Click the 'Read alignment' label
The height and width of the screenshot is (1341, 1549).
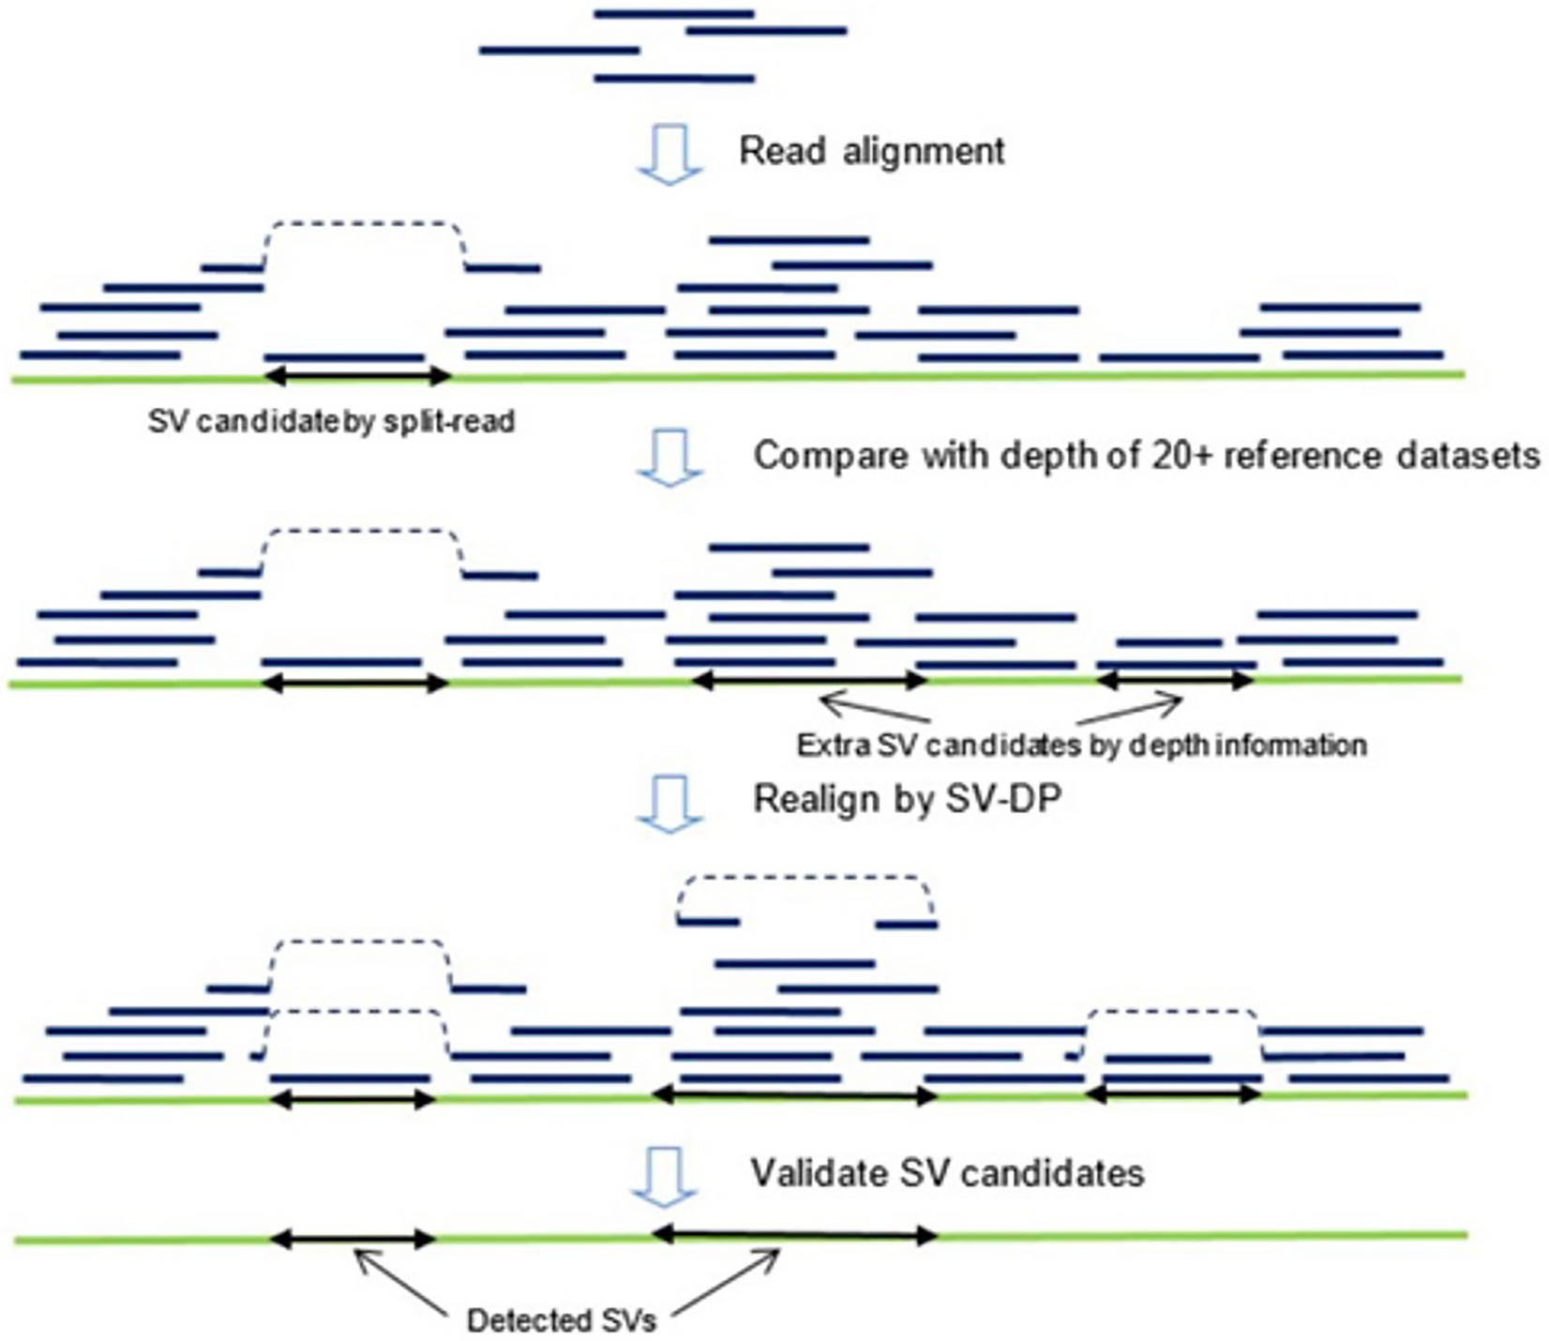[x=871, y=151]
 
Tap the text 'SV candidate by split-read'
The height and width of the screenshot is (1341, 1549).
[x=331, y=422]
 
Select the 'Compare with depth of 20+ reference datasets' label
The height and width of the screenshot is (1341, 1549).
[x=1146, y=456]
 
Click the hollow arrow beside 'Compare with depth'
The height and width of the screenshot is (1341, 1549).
[x=669, y=459]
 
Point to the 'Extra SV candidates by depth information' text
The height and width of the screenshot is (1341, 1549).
[x=1081, y=746]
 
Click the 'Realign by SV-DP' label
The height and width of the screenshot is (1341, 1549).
[x=907, y=799]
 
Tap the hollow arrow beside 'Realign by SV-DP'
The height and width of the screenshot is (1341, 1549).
[x=669, y=804]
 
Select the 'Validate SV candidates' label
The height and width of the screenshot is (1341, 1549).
[x=947, y=1173]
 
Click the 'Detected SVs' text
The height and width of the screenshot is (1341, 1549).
[x=562, y=1321]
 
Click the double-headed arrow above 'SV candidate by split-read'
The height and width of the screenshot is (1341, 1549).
[x=358, y=377]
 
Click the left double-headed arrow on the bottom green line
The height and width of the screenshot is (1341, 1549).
[x=353, y=1240]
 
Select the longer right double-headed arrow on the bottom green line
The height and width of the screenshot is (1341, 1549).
[x=795, y=1236]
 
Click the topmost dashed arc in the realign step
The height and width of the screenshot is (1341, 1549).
[x=806, y=879]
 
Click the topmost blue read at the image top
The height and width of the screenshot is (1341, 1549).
[x=674, y=14]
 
